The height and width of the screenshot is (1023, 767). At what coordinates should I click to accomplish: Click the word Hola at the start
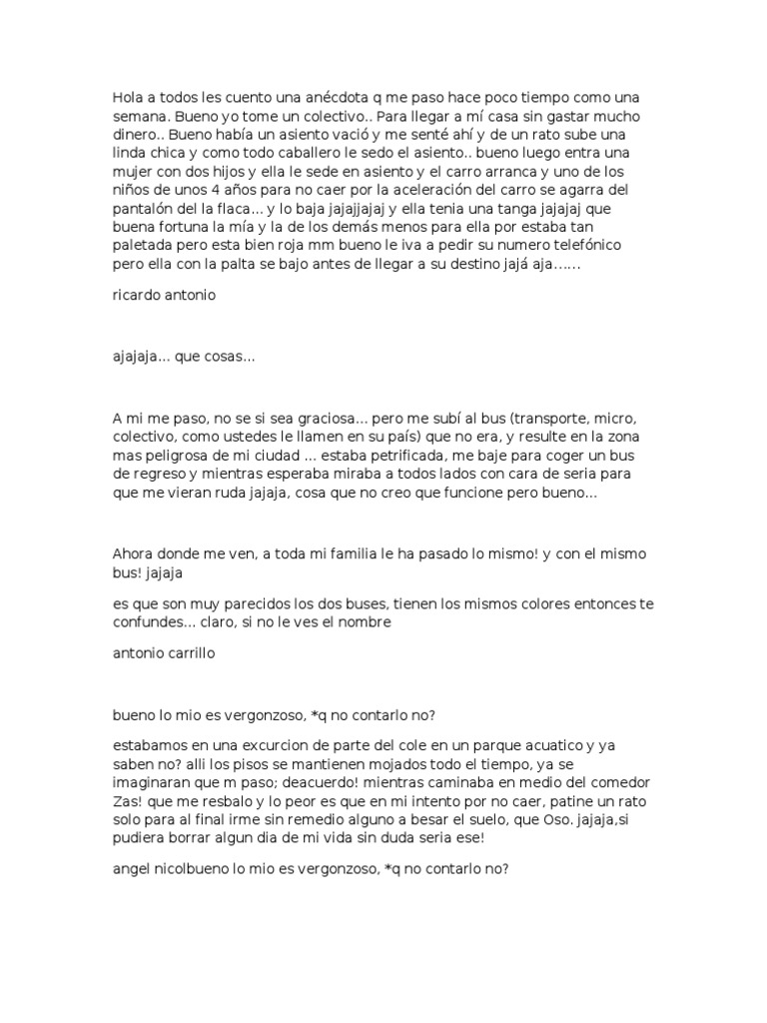[127, 98]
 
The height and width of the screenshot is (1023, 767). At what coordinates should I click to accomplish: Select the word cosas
[233, 357]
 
